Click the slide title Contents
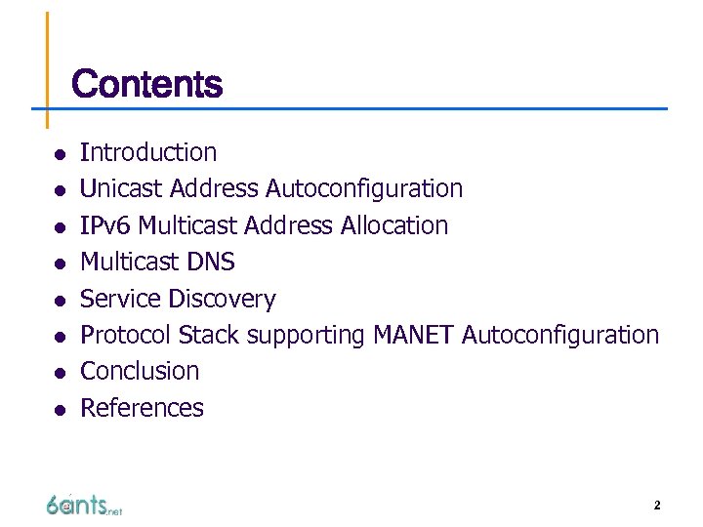click(x=146, y=84)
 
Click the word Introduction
click(x=148, y=152)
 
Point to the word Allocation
click(x=393, y=225)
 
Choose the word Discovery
click(x=222, y=299)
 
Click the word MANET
click(x=413, y=335)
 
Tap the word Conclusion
click(x=140, y=371)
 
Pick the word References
click(x=142, y=408)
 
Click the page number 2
click(x=657, y=506)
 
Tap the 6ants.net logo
click(x=83, y=505)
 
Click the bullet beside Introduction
click(x=60, y=154)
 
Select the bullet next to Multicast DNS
click(x=60, y=263)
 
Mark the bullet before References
click(x=60, y=410)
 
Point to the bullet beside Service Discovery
click(x=60, y=301)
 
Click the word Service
click(x=120, y=299)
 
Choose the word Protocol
click(x=125, y=335)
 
